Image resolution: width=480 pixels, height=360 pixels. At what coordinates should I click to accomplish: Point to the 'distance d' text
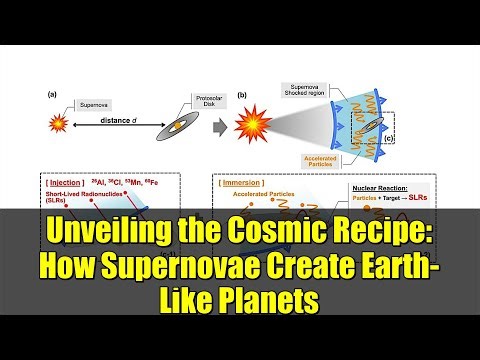(x=108, y=121)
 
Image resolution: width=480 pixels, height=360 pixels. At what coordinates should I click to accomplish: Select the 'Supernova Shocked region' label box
(x=310, y=89)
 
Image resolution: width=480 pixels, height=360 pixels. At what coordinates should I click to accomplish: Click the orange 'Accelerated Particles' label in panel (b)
(x=323, y=159)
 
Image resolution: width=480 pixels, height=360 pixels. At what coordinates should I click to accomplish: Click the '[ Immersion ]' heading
(x=243, y=183)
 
